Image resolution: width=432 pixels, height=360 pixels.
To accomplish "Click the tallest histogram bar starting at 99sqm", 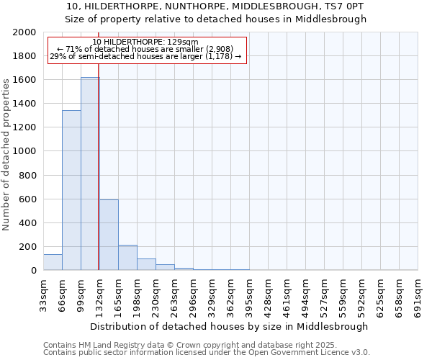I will click(x=90, y=174).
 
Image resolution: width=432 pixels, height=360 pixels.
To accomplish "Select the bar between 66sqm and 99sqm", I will click(x=71, y=190).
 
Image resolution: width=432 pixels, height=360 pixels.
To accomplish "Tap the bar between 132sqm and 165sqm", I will click(x=109, y=235).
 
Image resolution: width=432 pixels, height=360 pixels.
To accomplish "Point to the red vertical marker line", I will click(x=98, y=180).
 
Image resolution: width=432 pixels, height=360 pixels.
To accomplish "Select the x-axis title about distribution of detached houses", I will click(x=230, y=326).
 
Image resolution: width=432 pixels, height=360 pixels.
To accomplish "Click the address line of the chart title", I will click(x=216, y=6).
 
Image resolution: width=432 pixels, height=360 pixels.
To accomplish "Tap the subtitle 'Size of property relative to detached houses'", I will click(x=216, y=19).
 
